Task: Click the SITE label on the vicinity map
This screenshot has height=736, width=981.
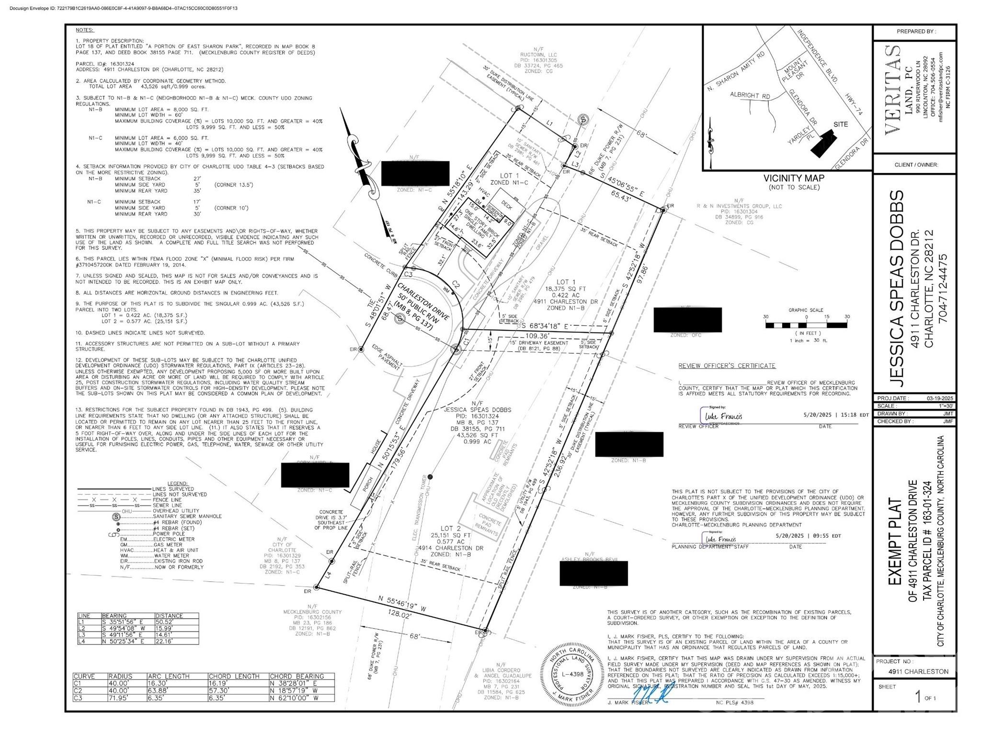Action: (x=840, y=125)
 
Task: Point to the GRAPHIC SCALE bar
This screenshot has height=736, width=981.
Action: (x=806, y=325)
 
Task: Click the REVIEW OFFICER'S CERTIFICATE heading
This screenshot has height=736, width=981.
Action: (x=727, y=366)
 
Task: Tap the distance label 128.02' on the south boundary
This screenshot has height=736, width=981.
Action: (x=400, y=615)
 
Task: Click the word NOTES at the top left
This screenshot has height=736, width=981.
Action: (x=85, y=30)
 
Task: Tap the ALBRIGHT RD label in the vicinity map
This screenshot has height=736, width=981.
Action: (x=750, y=95)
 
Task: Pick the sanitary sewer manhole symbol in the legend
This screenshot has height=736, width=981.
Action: (x=115, y=517)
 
